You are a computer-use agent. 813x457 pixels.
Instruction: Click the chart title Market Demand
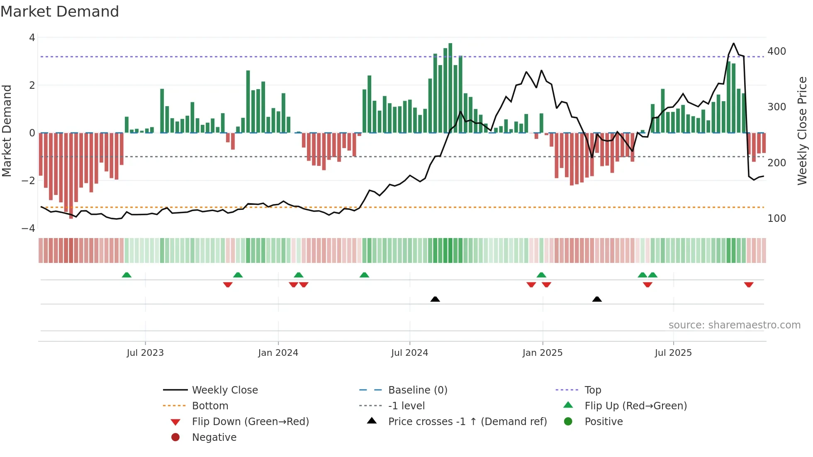coord(60,12)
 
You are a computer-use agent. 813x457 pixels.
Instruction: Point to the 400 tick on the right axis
coord(776,51)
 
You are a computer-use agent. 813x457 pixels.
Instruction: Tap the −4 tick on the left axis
coord(28,228)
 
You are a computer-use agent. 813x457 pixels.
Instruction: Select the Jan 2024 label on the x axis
coord(278,353)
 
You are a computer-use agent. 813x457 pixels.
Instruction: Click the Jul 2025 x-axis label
coord(673,353)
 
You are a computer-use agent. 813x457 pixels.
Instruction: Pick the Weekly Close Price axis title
coord(802,131)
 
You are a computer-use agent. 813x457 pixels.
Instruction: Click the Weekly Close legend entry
coord(224,390)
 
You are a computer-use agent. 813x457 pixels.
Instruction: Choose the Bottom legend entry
coord(210,406)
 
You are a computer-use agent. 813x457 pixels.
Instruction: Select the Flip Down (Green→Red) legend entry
coord(250,422)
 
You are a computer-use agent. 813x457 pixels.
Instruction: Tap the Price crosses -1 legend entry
coord(467,422)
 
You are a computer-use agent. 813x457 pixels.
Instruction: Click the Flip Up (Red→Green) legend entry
coord(635,406)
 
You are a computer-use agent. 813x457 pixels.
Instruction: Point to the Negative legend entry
coord(214,438)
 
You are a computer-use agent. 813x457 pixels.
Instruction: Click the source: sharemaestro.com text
coord(734,325)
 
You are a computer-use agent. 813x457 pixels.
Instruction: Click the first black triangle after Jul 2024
coord(435,299)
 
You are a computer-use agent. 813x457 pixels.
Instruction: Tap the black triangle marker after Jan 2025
coord(597,299)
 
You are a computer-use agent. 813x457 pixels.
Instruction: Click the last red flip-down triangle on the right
coord(749,284)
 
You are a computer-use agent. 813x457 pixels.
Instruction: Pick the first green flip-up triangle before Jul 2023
coord(127,275)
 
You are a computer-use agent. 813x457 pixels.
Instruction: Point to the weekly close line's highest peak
coord(733,44)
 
